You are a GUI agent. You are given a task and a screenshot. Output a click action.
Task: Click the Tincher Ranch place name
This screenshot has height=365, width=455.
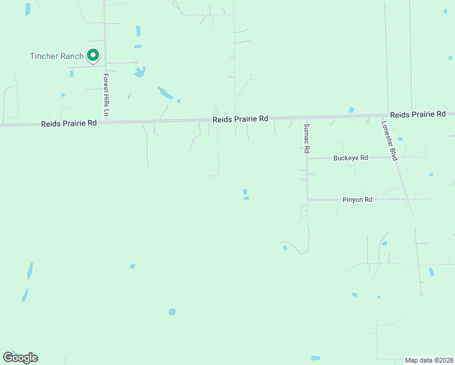[x=57, y=56]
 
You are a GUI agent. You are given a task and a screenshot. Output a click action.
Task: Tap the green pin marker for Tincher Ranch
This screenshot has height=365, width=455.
[x=93, y=55]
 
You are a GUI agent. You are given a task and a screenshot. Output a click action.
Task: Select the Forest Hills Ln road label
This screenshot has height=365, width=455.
[x=106, y=96]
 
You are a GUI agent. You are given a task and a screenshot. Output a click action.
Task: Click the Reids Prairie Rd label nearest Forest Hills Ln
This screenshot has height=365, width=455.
[x=69, y=123]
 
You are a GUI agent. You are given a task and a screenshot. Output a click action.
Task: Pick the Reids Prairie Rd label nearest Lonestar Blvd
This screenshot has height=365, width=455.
[x=418, y=114]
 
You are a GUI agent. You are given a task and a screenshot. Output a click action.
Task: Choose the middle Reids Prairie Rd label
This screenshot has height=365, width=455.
[x=240, y=119]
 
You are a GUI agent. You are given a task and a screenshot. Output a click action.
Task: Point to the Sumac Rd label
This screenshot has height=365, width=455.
[x=307, y=138]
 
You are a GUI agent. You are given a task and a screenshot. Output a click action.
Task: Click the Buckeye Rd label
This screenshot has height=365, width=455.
[x=351, y=158]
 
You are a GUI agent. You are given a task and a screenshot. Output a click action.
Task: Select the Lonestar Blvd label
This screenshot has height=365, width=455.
[x=389, y=140]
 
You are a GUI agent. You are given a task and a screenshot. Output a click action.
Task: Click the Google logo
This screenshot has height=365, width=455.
[x=20, y=358]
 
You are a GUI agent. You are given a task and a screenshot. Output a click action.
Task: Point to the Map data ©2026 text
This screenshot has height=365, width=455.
[x=429, y=360]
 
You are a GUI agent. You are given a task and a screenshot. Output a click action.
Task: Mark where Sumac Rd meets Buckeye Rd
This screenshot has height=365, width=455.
[x=307, y=158]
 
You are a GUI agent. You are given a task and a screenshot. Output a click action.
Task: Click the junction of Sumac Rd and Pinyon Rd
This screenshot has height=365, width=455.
[x=307, y=200]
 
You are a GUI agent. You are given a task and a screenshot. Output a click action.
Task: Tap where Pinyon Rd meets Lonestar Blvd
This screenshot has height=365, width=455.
[x=408, y=200]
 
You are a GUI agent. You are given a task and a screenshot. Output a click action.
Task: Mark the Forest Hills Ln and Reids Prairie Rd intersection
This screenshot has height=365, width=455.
[x=106, y=122]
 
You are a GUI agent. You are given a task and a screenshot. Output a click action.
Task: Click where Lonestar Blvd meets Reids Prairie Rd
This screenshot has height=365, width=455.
[x=388, y=116]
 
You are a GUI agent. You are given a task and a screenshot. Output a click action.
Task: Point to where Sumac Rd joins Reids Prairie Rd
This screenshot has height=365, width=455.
[x=306, y=118]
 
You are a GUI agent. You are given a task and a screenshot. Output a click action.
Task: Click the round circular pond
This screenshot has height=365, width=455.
[x=172, y=311]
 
